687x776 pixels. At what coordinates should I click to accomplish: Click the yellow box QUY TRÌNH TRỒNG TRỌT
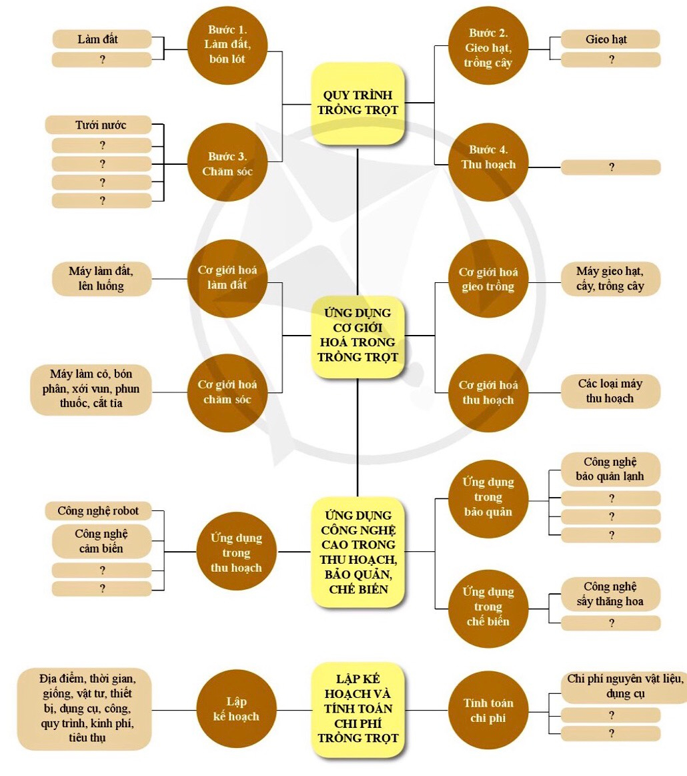pyautogui.click(x=358, y=103)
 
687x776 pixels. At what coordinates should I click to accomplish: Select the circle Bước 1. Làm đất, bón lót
pyautogui.click(x=226, y=45)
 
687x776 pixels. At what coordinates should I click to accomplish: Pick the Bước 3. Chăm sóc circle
pyautogui.click(x=227, y=163)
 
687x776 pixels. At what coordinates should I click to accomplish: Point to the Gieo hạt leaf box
pyautogui.click(x=610, y=39)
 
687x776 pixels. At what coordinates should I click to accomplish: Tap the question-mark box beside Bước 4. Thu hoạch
pyautogui.click(x=610, y=167)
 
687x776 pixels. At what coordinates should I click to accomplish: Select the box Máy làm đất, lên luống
pyautogui.click(x=101, y=280)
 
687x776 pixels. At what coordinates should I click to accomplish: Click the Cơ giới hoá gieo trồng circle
pyautogui.click(x=488, y=280)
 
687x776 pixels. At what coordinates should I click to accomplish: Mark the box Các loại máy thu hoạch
pyautogui.click(x=610, y=391)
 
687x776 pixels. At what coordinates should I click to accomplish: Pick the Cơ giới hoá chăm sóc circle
pyautogui.click(x=227, y=392)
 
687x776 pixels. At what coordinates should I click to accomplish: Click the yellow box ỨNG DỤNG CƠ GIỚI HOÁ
pyautogui.click(x=358, y=336)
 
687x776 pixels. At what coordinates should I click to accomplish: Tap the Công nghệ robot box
pyautogui.click(x=98, y=511)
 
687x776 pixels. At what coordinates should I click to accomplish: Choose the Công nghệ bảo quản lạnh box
pyautogui.click(x=610, y=469)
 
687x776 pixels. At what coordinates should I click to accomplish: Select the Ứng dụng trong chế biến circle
pyautogui.click(x=488, y=607)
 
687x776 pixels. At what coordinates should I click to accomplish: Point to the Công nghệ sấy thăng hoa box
pyautogui.click(x=610, y=594)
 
